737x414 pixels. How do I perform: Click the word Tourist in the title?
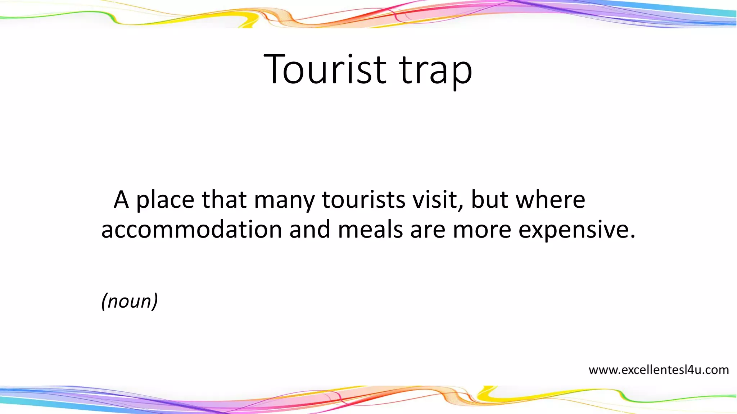[325, 69]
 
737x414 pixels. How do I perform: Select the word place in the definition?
[165, 200]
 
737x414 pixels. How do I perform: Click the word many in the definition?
[284, 200]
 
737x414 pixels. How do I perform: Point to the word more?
[482, 230]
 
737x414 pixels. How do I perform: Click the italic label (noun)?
[130, 301]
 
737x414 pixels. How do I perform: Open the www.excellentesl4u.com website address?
[659, 370]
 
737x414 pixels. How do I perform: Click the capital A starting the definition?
[121, 199]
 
